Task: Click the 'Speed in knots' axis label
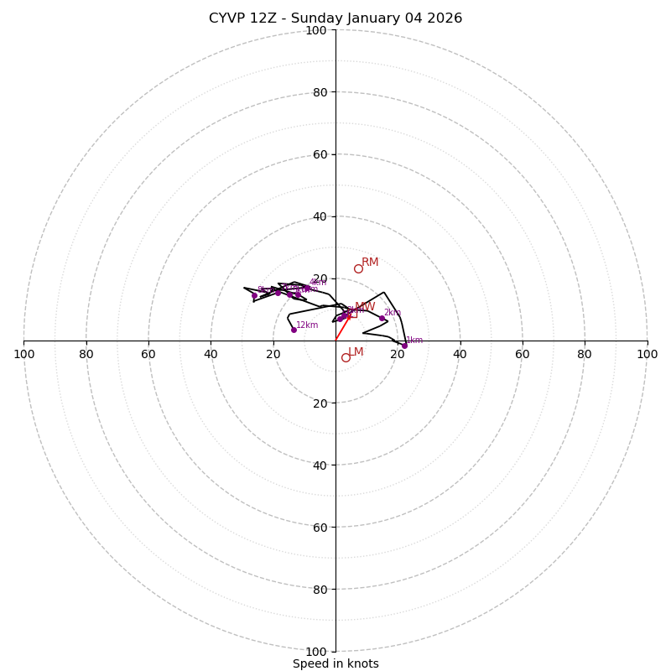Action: (335, 663)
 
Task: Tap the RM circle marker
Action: (358, 268)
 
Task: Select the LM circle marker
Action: (346, 357)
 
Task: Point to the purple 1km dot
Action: (404, 346)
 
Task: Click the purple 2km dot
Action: (382, 318)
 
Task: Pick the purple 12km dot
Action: (294, 330)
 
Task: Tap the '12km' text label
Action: (307, 325)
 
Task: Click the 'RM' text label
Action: (370, 263)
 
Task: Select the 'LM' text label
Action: (356, 352)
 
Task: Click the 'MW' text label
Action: (365, 307)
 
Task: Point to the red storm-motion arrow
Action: (343, 328)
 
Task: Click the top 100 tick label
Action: (316, 30)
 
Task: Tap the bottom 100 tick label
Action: (316, 652)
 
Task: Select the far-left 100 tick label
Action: (24, 354)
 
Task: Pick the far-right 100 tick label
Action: (647, 354)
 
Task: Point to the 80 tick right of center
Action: (585, 354)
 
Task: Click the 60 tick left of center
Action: (149, 354)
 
